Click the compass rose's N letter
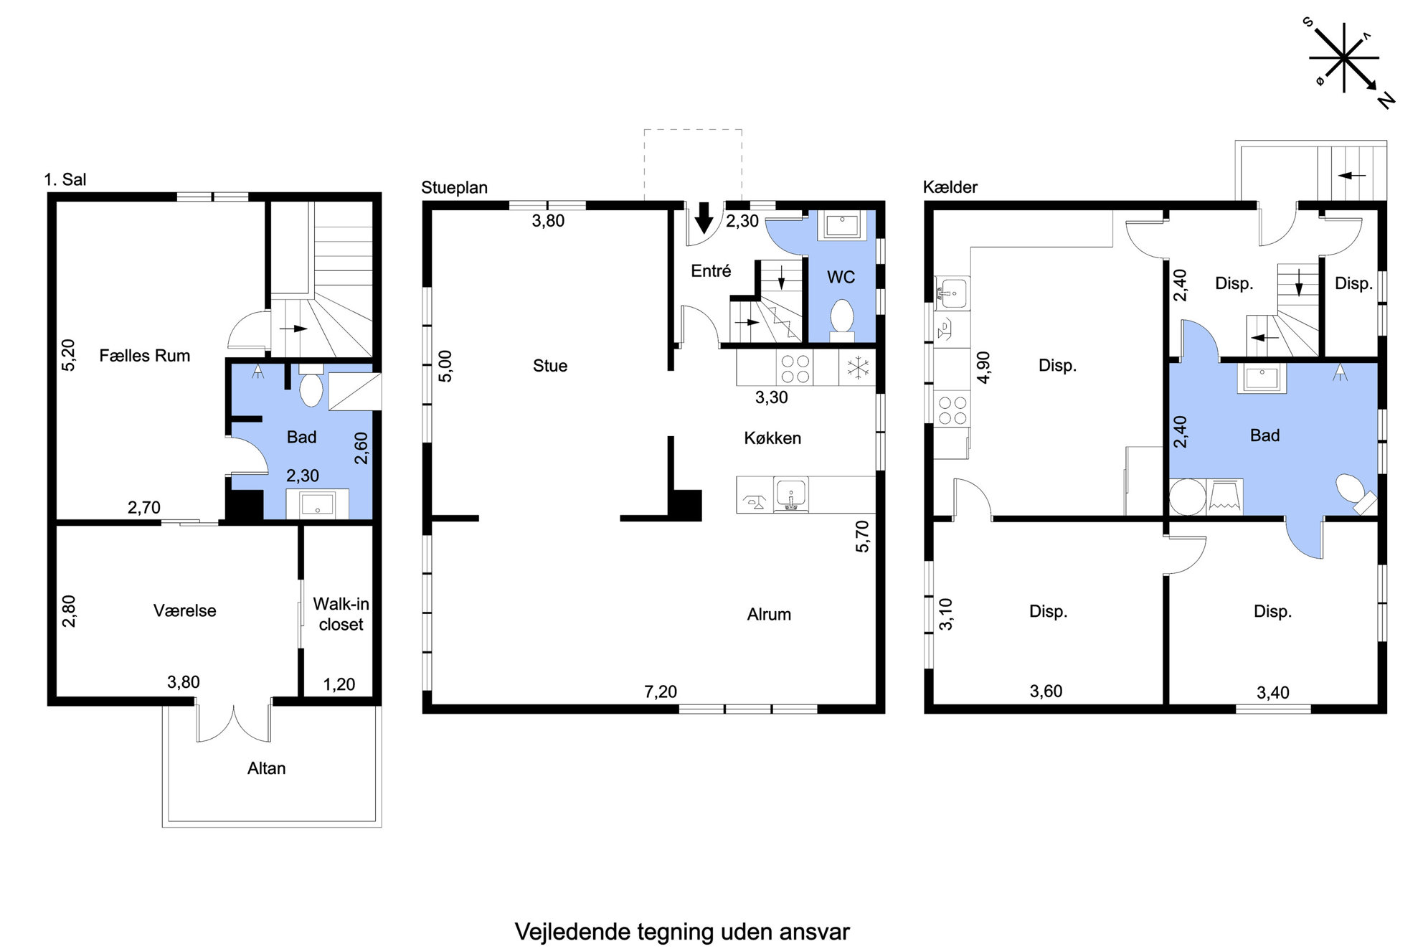pyautogui.click(x=1386, y=100)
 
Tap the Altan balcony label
pyautogui.click(x=266, y=768)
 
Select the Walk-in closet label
pyautogui.click(x=341, y=614)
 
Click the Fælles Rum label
pyautogui.click(x=144, y=356)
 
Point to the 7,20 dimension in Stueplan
pyautogui.click(x=660, y=691)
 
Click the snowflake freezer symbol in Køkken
pyautogui.click(x=858, y=368)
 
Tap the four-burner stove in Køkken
pyautogui.click(x=795, y=369)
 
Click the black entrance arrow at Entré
pyautogui.click(x=704, y=218)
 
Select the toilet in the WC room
pyautogui.click(x=841, y=320)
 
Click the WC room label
pyautogui.click(x=841, y=278)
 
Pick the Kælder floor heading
pyautogui.click(x=950, y=187)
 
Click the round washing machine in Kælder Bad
pyautogui.click(x=1188, y=497)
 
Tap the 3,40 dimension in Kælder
pyautogui.click(x=1272, y=692)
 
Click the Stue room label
pyautogui.click(x=550, y=366)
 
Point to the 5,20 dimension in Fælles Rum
pyautogui.click(x=68, y=355)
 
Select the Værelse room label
pyautogui.click(x=184, y=610)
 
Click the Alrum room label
pyautogui.click(x=769, y=614)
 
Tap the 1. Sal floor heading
pyautogui.click(x=65, y=179)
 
